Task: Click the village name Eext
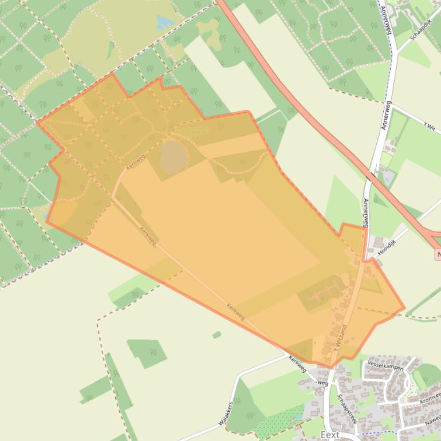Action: click(x=330, y=435)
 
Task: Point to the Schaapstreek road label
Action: click(x=346, y=408)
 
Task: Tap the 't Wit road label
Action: click(x=429, y=127)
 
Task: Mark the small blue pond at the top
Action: click(x=165, y=22)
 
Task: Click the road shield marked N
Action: click(x=438, y=254)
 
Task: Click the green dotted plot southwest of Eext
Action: click(x=278, y=422)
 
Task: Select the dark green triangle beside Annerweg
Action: click(x=379, y=200)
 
